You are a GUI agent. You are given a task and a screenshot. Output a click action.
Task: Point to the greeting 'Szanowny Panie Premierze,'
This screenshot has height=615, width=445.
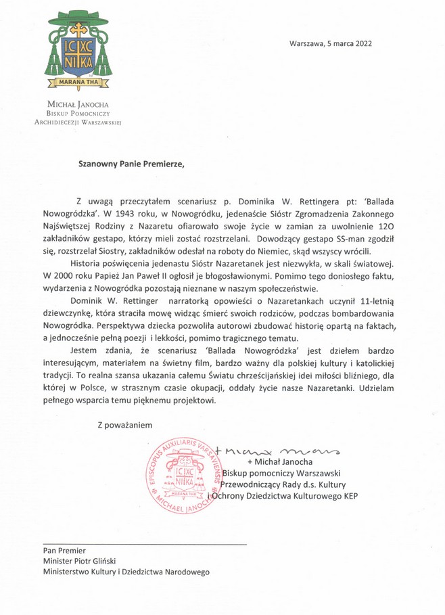(x=131, y=163)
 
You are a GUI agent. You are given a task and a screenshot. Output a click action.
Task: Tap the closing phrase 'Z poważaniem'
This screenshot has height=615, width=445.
(x=125, y=425)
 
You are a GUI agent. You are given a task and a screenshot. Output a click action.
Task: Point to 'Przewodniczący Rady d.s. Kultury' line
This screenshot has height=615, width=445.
(x=287, y=485)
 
